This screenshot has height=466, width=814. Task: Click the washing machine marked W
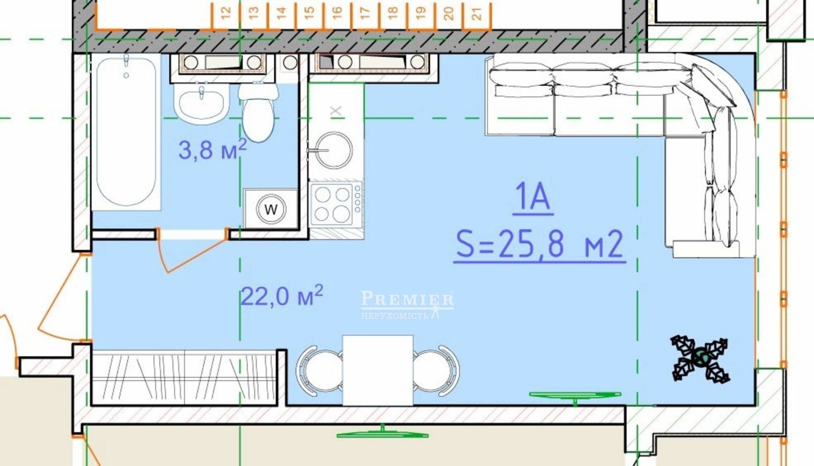tap(271, 209)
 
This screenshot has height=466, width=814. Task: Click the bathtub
tap(126, 132)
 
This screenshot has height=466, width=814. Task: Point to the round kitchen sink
tap(333, 150)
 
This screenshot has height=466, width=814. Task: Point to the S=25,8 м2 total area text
tap(540, 244)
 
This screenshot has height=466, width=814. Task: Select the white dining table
tap(378, 370)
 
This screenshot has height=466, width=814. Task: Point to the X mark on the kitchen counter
tap(336, 111)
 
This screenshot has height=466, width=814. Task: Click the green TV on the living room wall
tap(575, 396)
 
